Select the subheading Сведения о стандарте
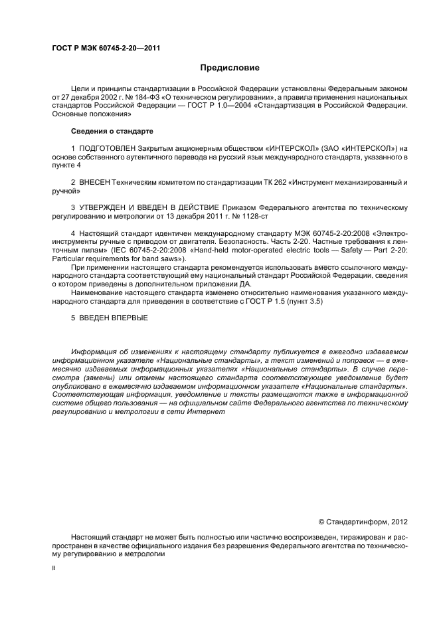pos(108,131)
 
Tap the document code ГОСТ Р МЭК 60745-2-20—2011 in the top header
pos(106,48)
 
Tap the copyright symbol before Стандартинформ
pos(321,522)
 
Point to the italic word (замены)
pos(94,377)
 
